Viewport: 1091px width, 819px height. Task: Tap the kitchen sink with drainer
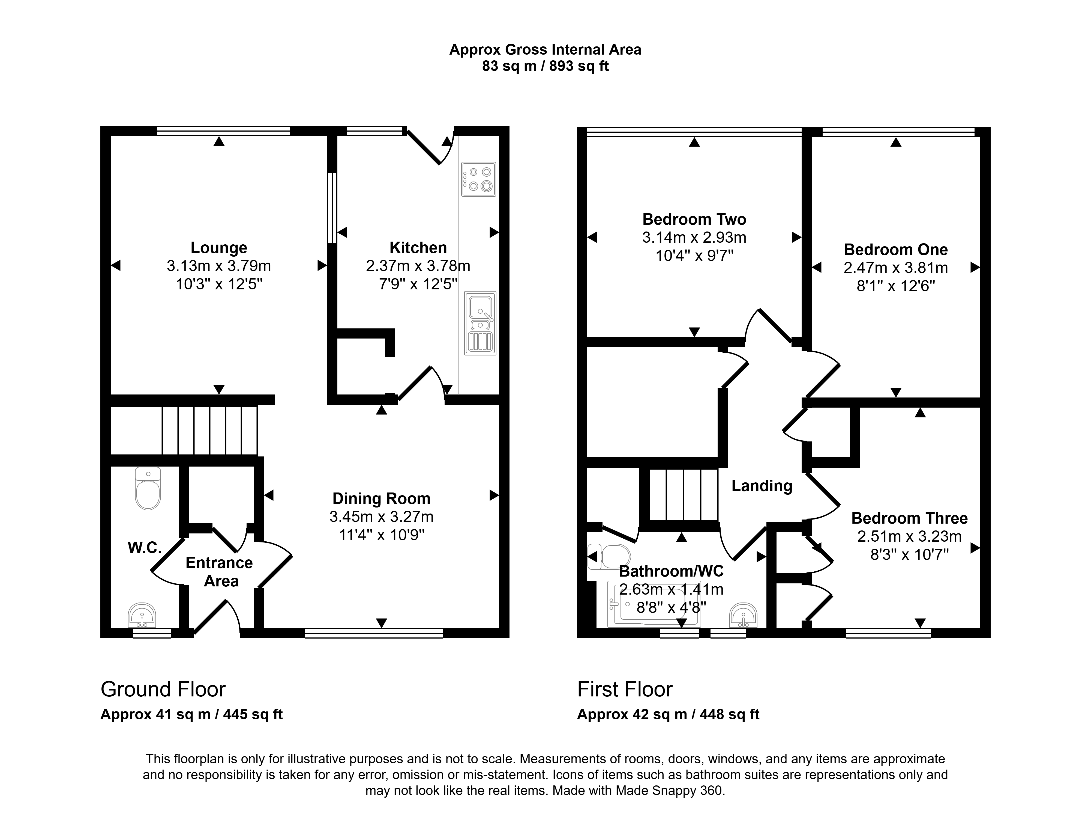[480, 323]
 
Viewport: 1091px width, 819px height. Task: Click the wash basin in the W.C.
[142, 615]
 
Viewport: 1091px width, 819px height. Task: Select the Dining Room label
[381, 498]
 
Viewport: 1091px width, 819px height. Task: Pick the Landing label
[762, 486]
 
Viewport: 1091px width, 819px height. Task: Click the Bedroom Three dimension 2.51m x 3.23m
[909, 536]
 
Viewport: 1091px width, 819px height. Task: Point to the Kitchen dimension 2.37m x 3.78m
[418, 266]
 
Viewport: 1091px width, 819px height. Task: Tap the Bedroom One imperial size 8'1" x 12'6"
[896, 286]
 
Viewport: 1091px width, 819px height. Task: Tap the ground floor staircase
[210, 430]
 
